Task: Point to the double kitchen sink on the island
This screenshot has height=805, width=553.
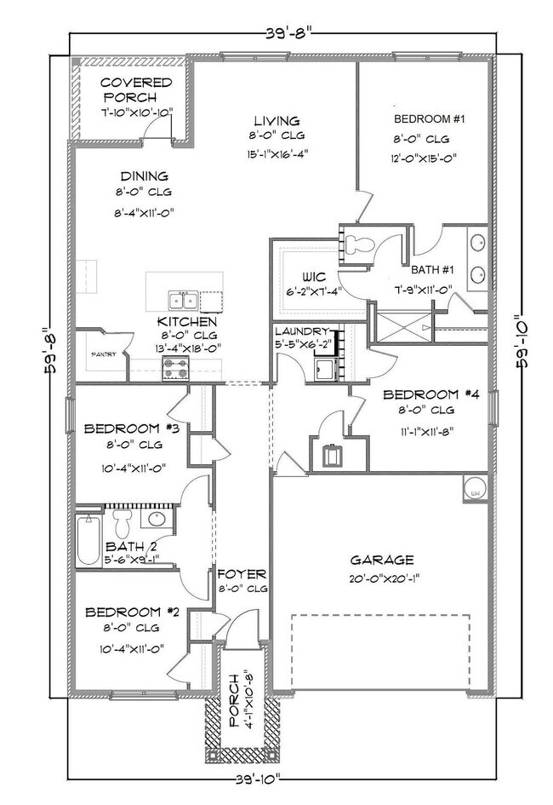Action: pyautogui.click(x=184, y=299)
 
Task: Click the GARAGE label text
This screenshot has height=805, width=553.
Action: pyautogui.click(x=382, y=560)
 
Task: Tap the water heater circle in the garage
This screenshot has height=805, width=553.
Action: pyautogui.click(x=475, y=490)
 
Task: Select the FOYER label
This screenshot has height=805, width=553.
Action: pyautogui.click(x=242, y=574)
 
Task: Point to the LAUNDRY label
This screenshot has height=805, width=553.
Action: pyautogui.click(x=301, y=331)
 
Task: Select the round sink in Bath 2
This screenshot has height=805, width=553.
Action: pyautogui.click(x=157, y=519)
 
